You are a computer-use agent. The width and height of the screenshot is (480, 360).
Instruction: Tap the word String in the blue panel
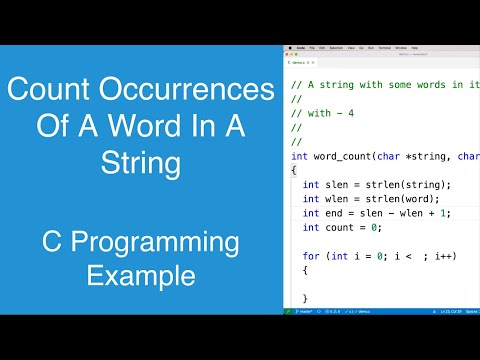point(141,162)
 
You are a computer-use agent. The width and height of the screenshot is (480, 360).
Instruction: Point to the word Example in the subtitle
point(141,274)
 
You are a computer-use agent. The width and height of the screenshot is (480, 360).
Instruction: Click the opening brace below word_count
point(293,170)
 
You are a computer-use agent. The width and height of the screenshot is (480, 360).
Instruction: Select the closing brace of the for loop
point(305,298)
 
